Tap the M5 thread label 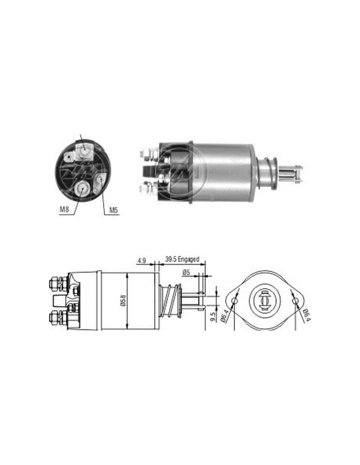tap(114, 210)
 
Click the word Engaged tap(189, 259)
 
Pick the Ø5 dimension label tap(186, 272)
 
